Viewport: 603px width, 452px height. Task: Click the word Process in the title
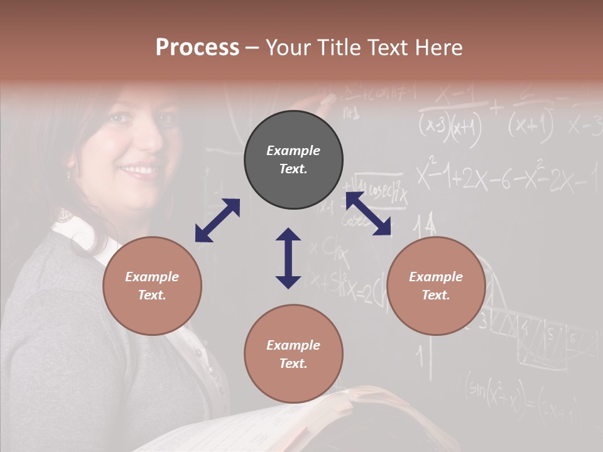[x=197, y=48]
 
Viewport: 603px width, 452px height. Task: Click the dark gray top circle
[x=293, y=160]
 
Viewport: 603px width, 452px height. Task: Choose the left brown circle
[x=152, y=286]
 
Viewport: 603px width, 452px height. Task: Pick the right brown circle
[x=436, y=286]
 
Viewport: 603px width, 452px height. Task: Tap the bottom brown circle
[x=293, y=354]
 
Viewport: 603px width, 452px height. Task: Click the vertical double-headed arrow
[x=288, y=258]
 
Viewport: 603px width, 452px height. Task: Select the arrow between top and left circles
[x=217, y=220]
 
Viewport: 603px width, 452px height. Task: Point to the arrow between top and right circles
[x=368, y=214]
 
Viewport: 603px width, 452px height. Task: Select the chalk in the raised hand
[x=329, y=99]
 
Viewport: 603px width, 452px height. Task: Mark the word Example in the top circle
[x=293, y=151]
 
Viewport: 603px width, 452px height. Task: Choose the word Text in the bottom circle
[x=293, y=363]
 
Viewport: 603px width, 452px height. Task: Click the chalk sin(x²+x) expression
[x=496, y=392]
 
